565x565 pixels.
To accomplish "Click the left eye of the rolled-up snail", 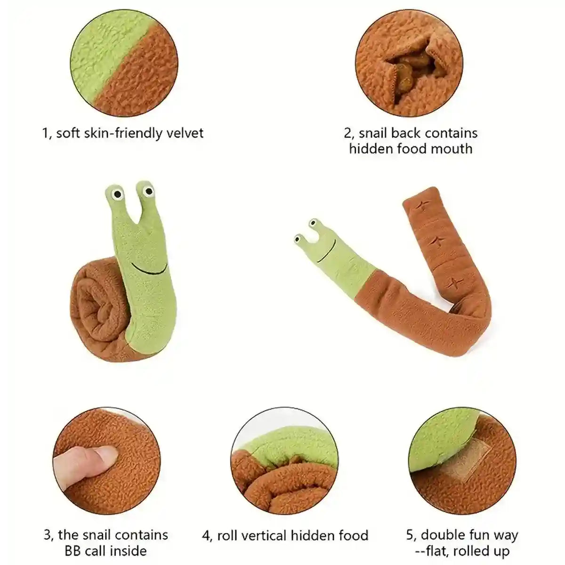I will click(117, 194).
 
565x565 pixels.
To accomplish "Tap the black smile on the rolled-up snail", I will click(149, 269).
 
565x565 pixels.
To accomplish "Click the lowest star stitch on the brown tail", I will click(454, 283).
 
